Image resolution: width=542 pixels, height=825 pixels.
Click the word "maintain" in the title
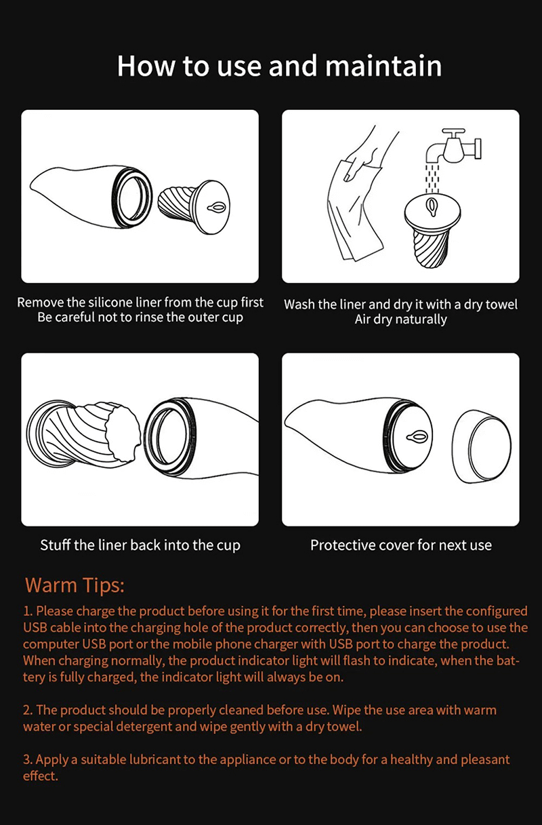coord(383,66)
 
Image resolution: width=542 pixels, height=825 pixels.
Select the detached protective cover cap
coord(481,446)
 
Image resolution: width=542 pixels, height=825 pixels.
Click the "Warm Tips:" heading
coord(75,586)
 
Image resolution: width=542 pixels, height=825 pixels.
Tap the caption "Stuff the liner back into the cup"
coord(140,545)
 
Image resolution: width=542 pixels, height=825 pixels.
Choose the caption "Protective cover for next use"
coord(401,545)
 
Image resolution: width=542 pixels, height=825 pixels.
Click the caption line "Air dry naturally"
coord(401,320)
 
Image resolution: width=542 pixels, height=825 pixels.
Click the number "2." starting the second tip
coord(28,710)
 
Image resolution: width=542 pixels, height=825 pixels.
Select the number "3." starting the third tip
coord(28,759)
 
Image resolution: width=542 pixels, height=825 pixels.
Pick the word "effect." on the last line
coord(41,776)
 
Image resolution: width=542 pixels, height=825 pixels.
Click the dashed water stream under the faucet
coord(432,178)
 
